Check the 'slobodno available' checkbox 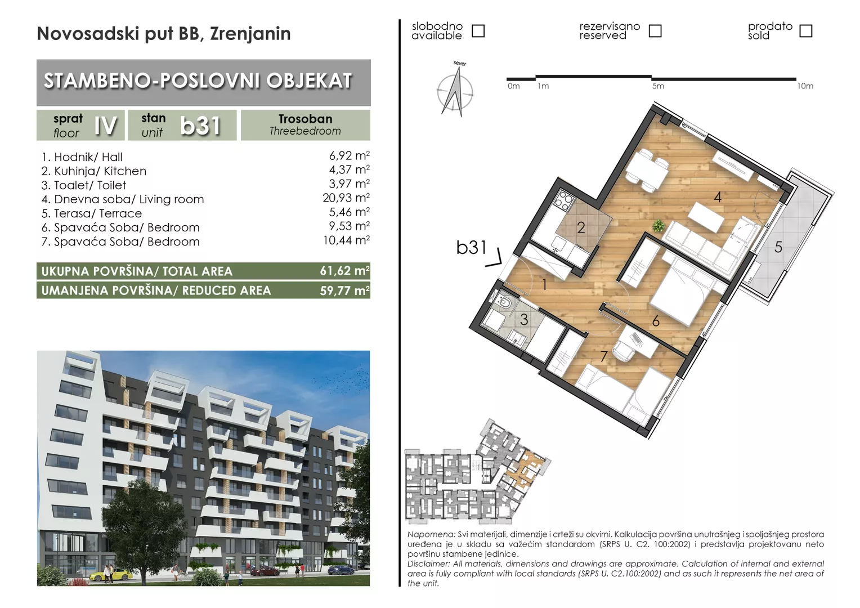pyautogui.click(x=478, y=31)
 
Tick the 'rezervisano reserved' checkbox pyautogui.click(x=655, y=31)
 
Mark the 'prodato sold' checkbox pyautogui.click(x=805, y=31)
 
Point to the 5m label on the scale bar pyautogui.click(x=658, y=86)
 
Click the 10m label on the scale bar pyautogui.click(x=805, y=86)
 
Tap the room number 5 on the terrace pyautogui.click(x=778, y=247)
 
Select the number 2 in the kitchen pyautogui.click(x=581, y=228)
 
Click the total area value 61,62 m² pyautogui.click(x=344, y=271)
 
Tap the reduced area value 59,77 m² pyautogui.click(x=344, y=290)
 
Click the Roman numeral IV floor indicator pyautogui.click(x=106, y=126)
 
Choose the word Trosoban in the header pyautogui.click(x=305, y=119)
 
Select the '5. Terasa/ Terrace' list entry pyautogui.click(x=92, y=213)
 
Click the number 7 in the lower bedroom pyautogui.click(x=603, y=356)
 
